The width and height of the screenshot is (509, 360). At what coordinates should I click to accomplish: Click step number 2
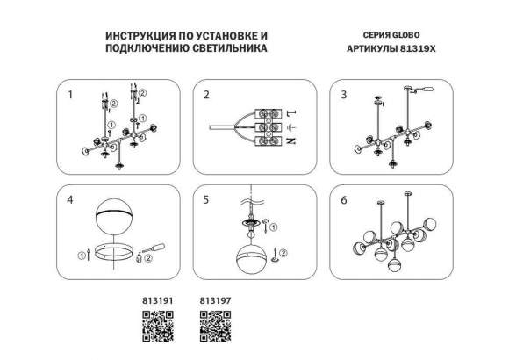pyautogui.click(x=207, y=93)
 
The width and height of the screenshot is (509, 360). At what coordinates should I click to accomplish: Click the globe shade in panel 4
pyautogui.click(x=114, y=224)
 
